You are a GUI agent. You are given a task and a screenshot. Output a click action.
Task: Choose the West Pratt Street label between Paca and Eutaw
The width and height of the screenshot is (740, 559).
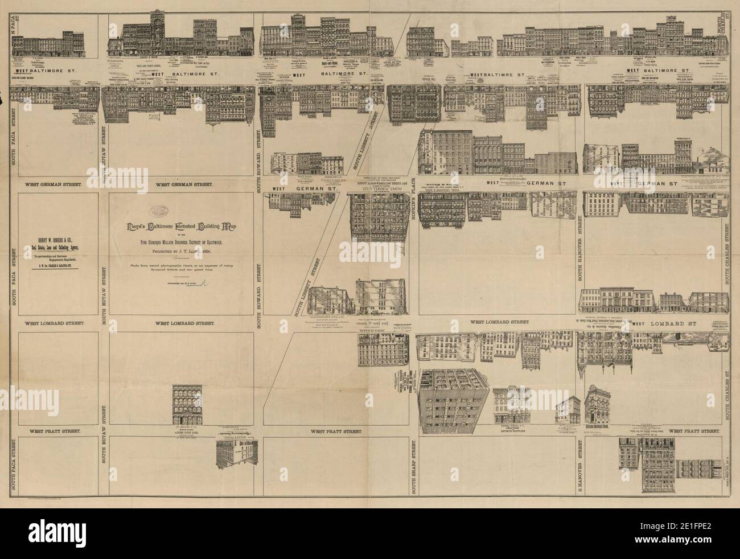[x=56, y=431]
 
